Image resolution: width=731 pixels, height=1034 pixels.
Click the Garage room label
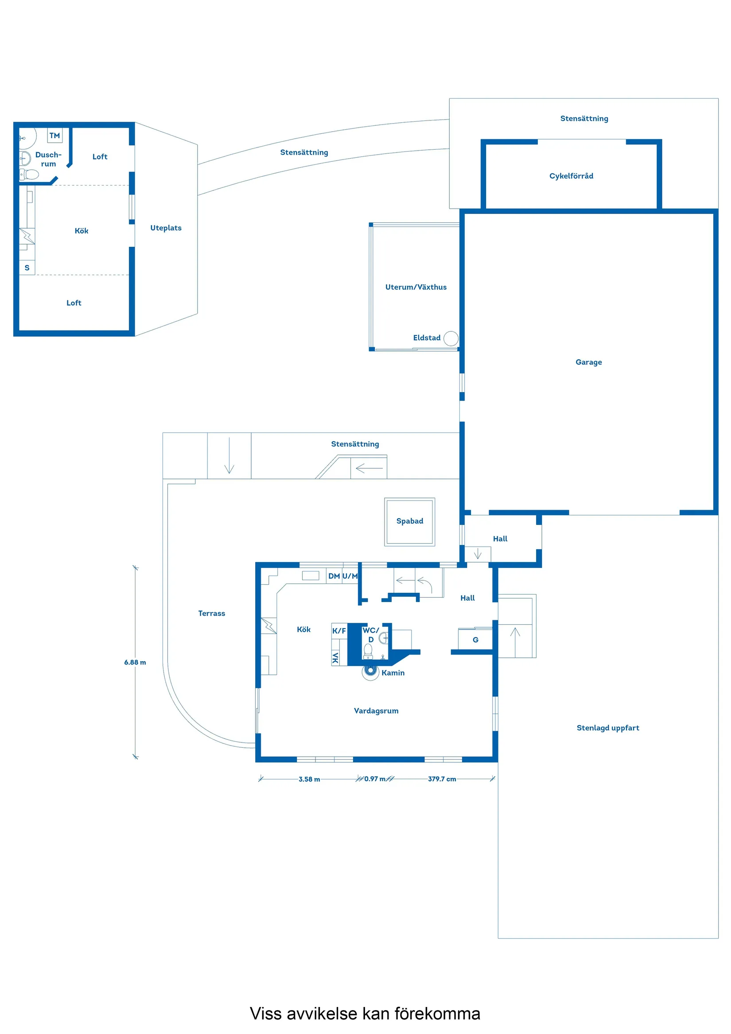(x=588, y=362)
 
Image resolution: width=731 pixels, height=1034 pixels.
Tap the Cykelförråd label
(x=571, y=175)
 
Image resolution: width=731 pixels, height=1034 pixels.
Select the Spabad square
(x=409, y=521)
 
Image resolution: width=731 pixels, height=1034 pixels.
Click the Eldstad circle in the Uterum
(x=451, y=338)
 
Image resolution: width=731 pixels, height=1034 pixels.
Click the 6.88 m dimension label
(x=135, y=662)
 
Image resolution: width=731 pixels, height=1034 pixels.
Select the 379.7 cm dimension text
(x=442, y=779)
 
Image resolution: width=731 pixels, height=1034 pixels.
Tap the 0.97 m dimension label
(x=375, y=779)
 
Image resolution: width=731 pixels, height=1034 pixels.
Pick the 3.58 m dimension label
(x=309, y=779)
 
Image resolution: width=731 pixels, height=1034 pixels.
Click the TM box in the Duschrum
(x=54, y=136)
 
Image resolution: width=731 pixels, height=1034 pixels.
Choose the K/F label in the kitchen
(x=339, y=631)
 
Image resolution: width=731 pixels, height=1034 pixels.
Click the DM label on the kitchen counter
(x=334, y=576)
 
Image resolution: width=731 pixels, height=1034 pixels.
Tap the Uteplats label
(x=166, y=228)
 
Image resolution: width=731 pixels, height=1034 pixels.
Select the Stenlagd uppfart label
(x=607, y=728)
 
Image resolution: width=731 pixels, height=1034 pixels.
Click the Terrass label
(x=212, y=614)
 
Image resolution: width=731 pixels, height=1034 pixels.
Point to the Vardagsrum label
(x=376, y=711)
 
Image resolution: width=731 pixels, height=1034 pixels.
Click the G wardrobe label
(x=475, y=640)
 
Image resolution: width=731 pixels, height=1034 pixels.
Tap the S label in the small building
(x=27, y=268)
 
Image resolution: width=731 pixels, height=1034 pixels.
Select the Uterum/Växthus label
(x=416, y=287)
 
